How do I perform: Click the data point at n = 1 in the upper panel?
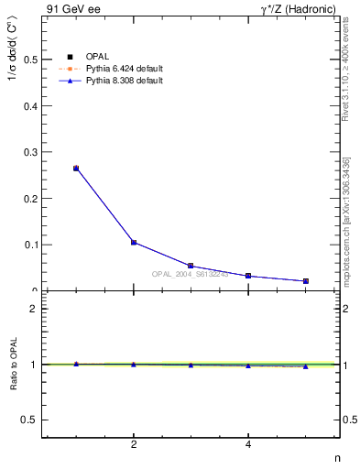(76, 169)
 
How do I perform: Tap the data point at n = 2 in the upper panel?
(134, 243)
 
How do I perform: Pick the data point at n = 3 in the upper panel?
(191, 266)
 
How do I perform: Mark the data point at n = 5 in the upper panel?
(305, 281)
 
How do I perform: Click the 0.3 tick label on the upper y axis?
(32, 152)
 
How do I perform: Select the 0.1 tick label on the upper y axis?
(32, 245)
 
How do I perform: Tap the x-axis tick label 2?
(134, 445)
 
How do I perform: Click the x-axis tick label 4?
(248, 445)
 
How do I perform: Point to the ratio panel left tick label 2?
(35, 309)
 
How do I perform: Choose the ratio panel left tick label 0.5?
(32, 420)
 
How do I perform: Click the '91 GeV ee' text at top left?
(67, 9)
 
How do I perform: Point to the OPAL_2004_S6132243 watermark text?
(191, 274)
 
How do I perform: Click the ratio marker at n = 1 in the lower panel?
(76, 364)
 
